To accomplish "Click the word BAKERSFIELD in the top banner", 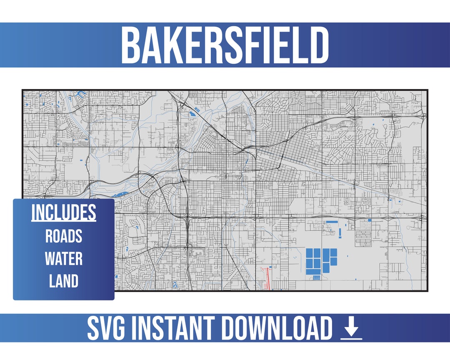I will click(225, 45).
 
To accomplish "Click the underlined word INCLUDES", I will click(64, 213).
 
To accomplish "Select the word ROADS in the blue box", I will click(64, 236).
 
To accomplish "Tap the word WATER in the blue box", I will click(64, 259).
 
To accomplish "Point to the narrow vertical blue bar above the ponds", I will click(340, 232).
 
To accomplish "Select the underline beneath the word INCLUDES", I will click(64, 220).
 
